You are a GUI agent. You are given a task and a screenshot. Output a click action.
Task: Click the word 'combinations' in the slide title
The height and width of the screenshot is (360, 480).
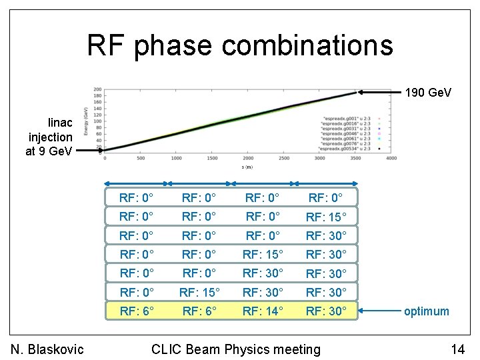coord(307,45)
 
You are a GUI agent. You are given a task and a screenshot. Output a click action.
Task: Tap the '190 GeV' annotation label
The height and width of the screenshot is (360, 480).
coord(428,92)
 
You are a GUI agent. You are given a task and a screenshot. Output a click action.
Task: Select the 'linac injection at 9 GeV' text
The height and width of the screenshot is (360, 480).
coord(50,137)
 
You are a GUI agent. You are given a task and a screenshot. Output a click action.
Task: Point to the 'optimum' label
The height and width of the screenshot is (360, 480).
coord(427,311)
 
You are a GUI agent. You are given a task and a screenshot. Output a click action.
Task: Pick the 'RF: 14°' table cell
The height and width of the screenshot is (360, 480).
coord(263,310)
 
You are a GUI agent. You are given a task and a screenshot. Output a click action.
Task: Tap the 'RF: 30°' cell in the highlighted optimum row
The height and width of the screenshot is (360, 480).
coord(326,310)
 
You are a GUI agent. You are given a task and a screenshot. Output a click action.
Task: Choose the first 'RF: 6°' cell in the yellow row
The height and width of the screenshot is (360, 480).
coord(137,310)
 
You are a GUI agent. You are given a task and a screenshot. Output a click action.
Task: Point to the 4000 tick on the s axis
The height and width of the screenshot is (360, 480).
coord(391,158)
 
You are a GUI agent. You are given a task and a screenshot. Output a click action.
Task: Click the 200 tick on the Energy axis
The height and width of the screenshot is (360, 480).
coord(97,89)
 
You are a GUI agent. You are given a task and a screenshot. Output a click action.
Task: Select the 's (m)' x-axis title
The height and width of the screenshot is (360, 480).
coord(247,167)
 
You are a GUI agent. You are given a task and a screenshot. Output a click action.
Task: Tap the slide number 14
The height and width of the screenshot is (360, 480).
coord(457,349)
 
